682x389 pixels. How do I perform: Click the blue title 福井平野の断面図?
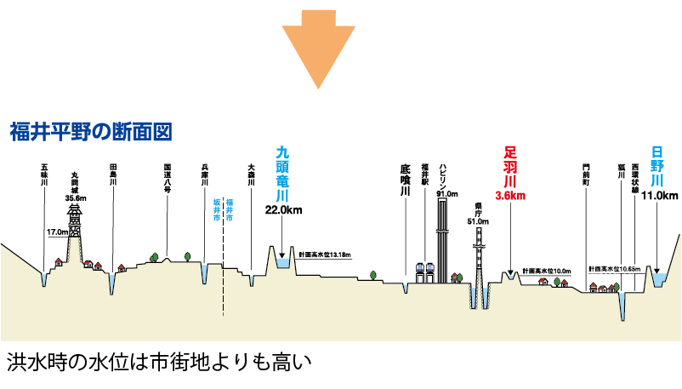pos(91,132)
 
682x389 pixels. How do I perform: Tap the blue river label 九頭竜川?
pos(284,174)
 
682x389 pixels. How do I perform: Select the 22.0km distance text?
pos(284,209)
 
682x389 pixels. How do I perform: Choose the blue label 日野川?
pos(657,166)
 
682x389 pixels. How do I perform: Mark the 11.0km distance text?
pos(658,195)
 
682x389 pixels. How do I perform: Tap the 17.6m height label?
pos(56,230)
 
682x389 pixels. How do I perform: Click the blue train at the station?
pos(425,271)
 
